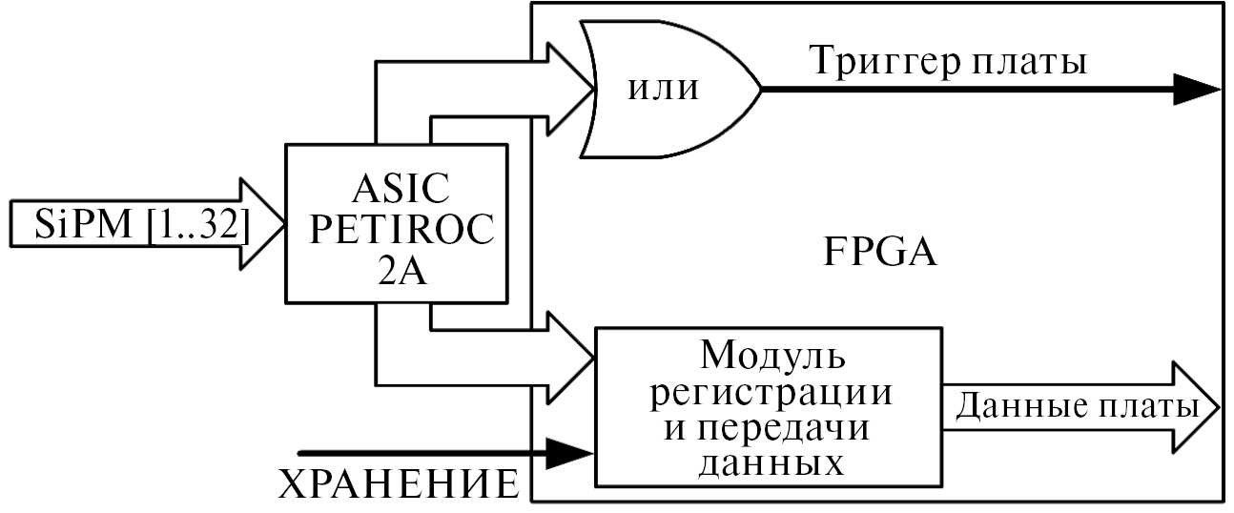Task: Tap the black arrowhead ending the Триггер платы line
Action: tap(1196, 90)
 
